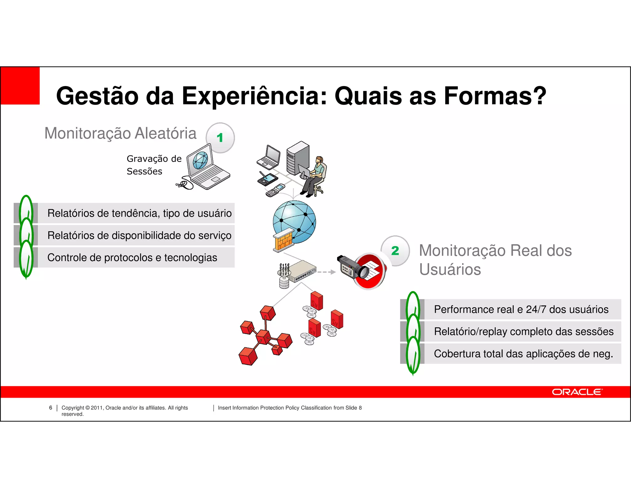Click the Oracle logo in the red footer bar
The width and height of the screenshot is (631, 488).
pos(577,392)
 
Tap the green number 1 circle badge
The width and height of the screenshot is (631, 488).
pos(220,138)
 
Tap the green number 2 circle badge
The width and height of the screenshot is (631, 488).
pos(395,250)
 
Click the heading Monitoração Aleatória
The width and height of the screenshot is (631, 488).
pos(120,133)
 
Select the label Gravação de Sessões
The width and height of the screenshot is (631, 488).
pos(154,165)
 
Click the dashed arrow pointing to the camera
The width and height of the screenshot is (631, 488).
pos(327,272)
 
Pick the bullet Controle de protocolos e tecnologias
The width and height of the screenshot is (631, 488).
pos(132,257)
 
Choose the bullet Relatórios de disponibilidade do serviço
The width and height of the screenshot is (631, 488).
pos(139,235)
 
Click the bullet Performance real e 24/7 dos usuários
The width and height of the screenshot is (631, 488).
pos(521,309)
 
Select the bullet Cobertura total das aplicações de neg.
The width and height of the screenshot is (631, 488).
pos(523,354)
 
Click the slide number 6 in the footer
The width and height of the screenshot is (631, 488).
pos(51,407)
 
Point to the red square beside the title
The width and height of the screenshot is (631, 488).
pos(20,86)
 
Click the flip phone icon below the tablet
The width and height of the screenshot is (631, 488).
pos(275,190)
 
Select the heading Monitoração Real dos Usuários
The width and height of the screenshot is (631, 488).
pos(495,260)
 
